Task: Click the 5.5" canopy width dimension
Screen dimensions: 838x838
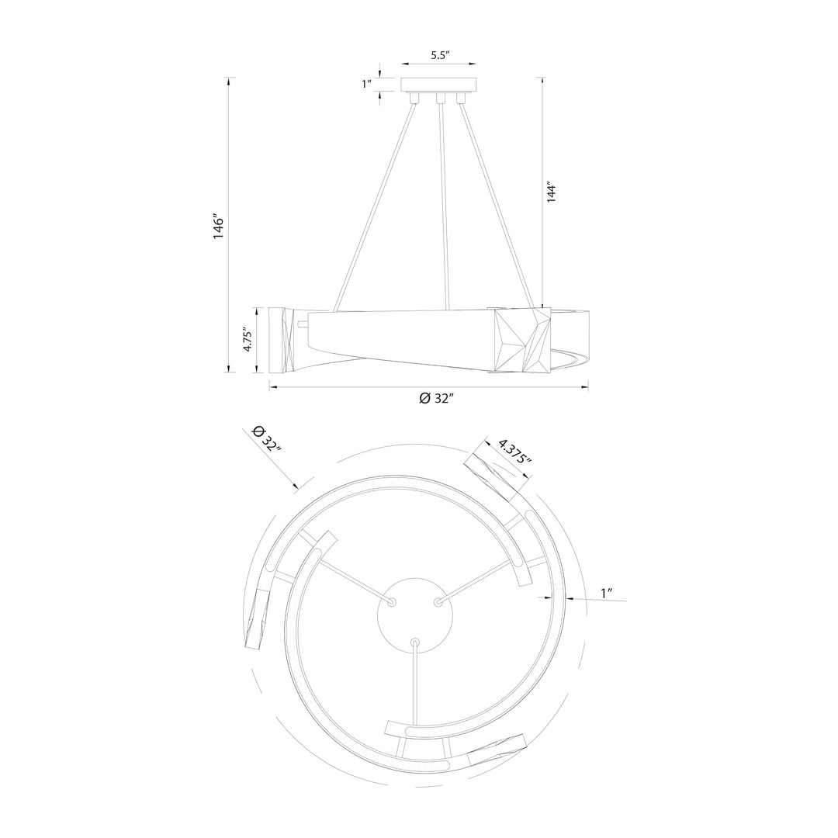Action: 441,55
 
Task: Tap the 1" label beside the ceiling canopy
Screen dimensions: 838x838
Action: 366,84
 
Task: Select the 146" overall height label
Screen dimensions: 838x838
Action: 218,227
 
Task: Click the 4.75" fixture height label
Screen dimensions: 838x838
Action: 248,340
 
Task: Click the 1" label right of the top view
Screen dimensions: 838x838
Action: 606,594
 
